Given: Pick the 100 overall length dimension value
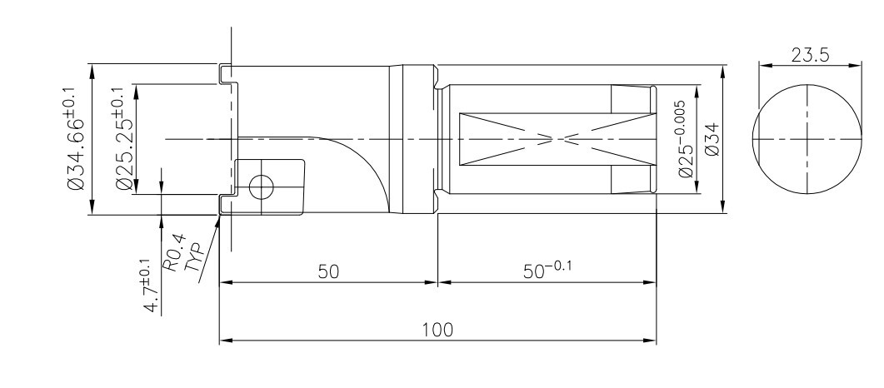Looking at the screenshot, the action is pos(437,330).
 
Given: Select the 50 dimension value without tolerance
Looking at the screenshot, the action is pos(328,271).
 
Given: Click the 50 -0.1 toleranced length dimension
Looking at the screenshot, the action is pos(547,270).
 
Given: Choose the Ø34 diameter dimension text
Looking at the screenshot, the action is pos(712,139).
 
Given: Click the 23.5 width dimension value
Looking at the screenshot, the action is pos(810,55).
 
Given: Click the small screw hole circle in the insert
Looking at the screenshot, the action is pos(261,187).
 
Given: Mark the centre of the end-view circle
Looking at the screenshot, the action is pos(807,139).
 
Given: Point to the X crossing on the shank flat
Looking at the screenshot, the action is pos(558,139).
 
